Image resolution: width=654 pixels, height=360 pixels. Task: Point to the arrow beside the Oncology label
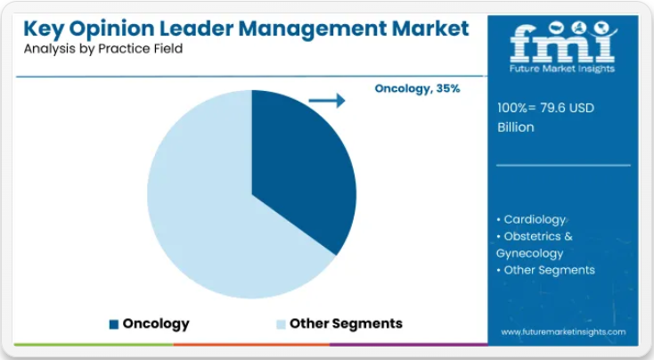click(x=327, y=101)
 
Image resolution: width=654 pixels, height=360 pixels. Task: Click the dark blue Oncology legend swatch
click(x=113, y=323)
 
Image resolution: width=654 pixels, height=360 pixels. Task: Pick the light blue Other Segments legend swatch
click(x=281, y=323)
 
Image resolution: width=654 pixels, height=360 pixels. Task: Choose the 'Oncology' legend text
click(x=156, y=323)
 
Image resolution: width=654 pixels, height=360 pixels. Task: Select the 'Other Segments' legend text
click(x=346, y=323)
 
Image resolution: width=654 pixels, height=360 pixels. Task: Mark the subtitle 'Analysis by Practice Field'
click(x=102, y=49)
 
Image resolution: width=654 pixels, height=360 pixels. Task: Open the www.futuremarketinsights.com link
click(x=563, y=331)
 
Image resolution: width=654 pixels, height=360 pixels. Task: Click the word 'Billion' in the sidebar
click(x=516, y=127)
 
